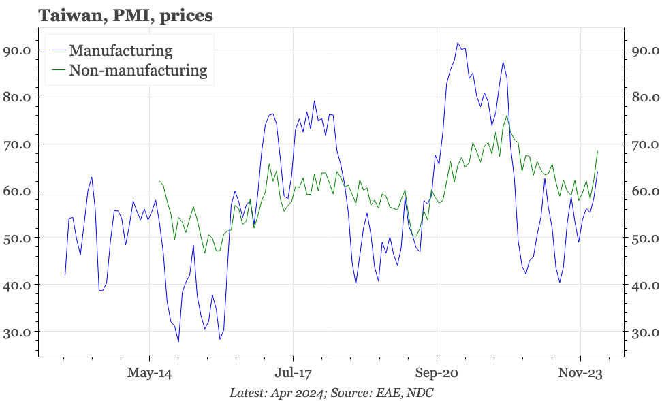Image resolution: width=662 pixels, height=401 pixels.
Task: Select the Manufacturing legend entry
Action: [x=121, y=50]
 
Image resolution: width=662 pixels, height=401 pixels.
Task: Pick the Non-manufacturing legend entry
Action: [x=138, y=69]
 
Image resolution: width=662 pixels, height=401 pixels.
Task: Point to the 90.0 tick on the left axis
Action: [x=17, y=50]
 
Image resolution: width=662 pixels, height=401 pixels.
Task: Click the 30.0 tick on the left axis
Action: [x=17, y=332]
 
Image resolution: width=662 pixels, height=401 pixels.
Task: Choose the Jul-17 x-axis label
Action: [x=293, y=373]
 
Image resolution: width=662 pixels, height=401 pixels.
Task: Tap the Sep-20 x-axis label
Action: [x=437, y=373]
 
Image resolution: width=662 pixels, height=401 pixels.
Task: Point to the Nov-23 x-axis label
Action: [x=580, y=373]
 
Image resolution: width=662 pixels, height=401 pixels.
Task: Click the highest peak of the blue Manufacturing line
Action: [x=458, y=43]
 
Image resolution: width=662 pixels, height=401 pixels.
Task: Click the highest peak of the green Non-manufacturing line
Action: [x=507, y=115]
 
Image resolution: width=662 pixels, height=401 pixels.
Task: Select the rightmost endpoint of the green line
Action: [x=597, y=151]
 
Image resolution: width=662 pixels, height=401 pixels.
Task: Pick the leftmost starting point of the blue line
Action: [x=65, y=275]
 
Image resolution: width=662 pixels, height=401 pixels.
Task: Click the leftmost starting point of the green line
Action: [x=159, y=181]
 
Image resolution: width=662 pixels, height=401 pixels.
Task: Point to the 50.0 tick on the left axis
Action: [x=17, y=238]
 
